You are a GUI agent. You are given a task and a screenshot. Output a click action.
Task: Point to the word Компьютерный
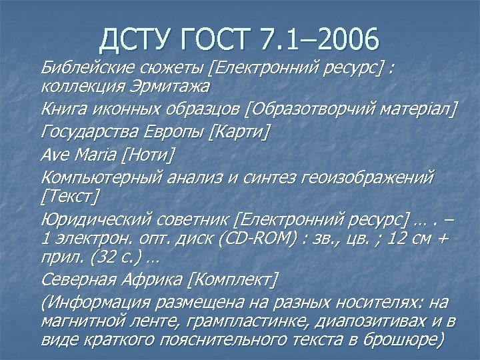(95, 178)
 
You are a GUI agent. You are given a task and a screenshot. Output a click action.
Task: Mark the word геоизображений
(370, 178)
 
